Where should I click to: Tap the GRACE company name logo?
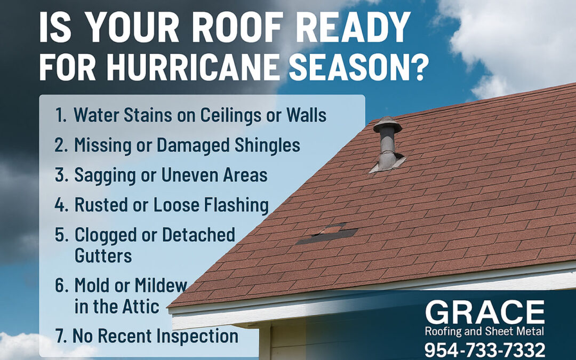pos(485,313)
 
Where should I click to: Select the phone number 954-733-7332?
pos(485,350)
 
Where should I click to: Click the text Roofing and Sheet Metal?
pos(485,332)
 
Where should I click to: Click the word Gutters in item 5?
pos(103,255)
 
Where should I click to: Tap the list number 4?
pos(60,204)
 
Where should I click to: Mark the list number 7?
pos(60,336)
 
